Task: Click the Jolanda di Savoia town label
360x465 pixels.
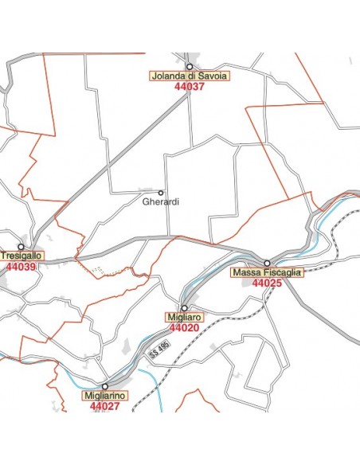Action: pos(190,76)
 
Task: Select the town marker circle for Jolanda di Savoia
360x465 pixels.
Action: pos(190,66)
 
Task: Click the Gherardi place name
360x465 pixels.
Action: pos(161,202)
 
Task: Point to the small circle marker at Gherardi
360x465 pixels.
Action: pos(161,193)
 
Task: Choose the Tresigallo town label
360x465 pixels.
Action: pos(22,256)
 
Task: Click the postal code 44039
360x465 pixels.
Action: pos(21,267)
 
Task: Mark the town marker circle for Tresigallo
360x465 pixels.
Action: pos(21,247)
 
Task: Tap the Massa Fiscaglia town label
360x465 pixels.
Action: pos(267,272)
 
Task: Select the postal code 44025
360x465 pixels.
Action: pos(267,283)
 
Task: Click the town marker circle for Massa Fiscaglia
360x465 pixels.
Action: pos(268,263)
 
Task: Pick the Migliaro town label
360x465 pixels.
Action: pos(184,317)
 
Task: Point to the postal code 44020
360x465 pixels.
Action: pos(184,327)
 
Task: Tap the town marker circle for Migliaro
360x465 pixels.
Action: pos(184,307)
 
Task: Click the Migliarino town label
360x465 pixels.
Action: pos(104,396)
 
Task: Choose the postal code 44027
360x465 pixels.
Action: pos(104,406)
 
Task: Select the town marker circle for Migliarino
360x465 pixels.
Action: pos(104,386)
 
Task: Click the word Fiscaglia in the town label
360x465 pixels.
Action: pos(282,272)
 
